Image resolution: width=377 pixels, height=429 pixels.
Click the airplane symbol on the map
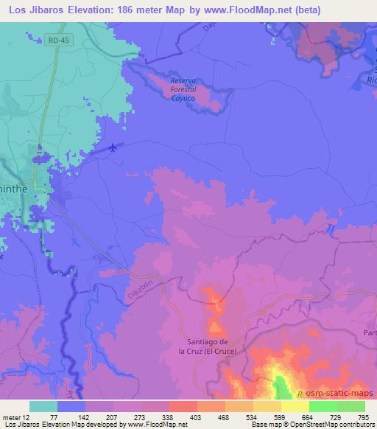[x=112, y=147]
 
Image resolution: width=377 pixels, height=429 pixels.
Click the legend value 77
[x=57, y=417]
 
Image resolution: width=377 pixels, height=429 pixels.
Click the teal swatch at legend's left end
[x=43, y=406]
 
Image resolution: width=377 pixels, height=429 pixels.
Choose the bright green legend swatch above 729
[x=323, y=406]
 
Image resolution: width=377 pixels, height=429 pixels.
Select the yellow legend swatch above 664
[x=295, y=406]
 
